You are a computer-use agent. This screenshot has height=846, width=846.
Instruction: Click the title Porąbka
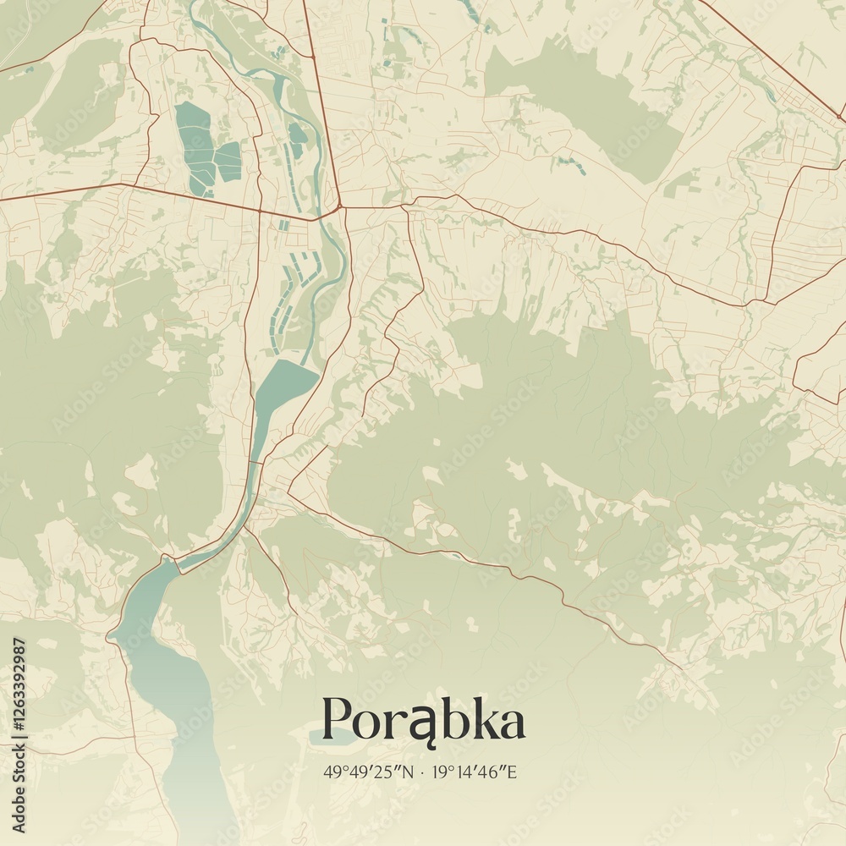[423, 720]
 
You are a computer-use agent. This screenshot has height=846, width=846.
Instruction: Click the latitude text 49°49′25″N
[369, 772]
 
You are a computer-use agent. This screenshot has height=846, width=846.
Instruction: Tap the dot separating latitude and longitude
[422, 772]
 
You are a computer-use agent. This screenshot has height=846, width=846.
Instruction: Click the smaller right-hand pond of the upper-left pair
[228, 161]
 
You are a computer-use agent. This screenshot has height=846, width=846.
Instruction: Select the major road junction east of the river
[338, 206]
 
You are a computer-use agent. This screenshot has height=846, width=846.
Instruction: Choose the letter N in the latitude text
[409, 772]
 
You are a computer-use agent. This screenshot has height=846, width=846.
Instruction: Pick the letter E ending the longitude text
[512, 772]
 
